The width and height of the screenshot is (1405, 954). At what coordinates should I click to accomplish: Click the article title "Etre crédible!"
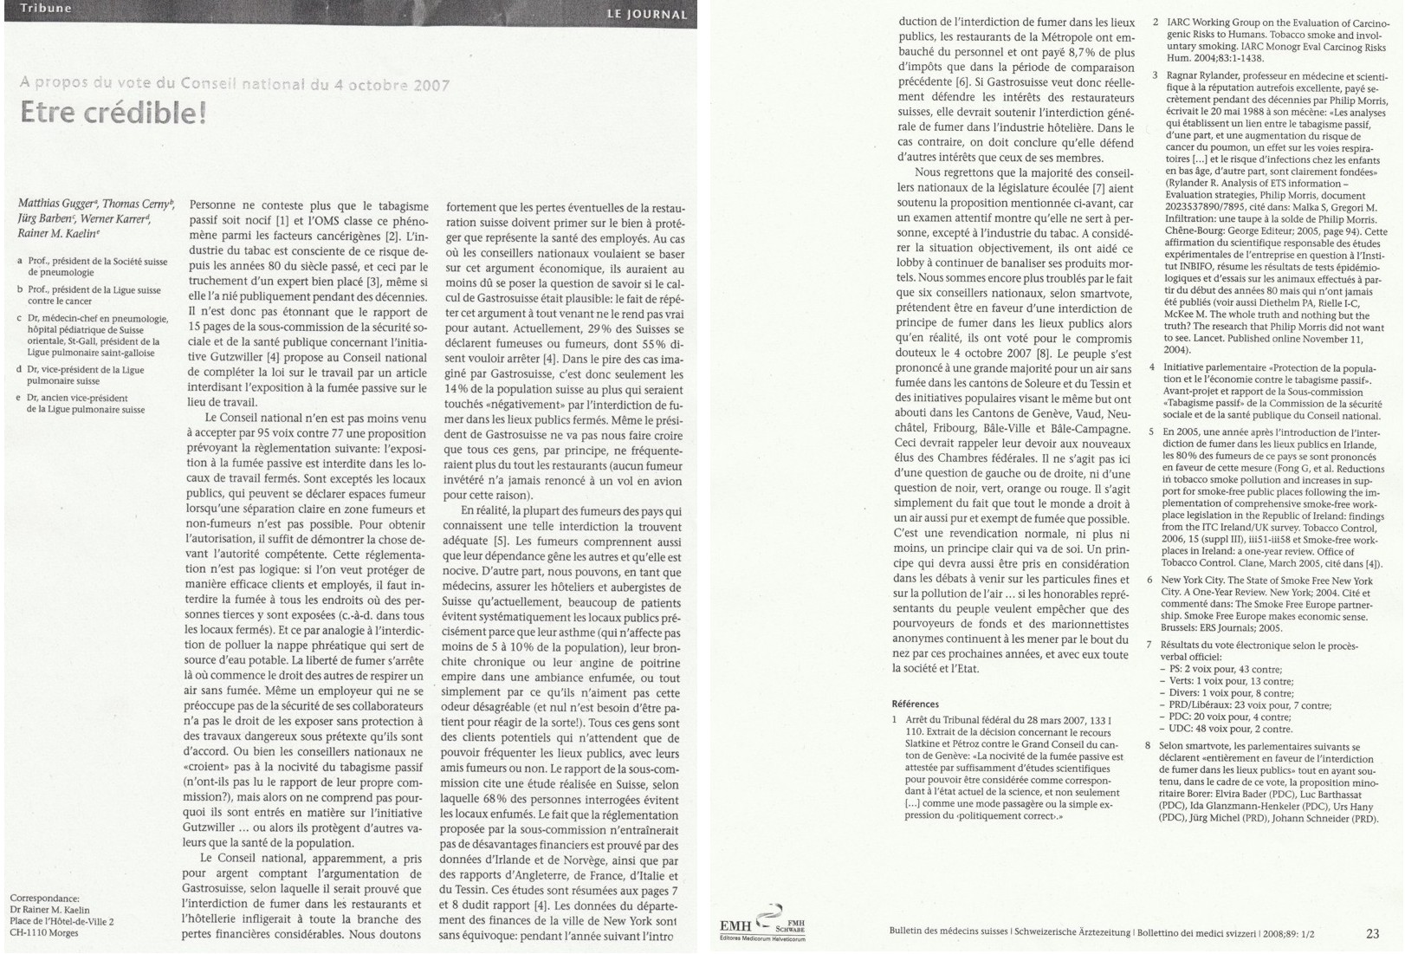113,114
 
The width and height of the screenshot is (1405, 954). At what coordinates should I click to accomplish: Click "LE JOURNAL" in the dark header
646,14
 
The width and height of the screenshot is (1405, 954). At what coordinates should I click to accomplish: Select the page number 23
1372,933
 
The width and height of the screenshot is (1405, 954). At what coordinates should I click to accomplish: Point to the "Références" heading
915,704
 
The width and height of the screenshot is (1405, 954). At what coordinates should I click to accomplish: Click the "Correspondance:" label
44,899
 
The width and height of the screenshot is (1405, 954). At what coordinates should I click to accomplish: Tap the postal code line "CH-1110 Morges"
44,933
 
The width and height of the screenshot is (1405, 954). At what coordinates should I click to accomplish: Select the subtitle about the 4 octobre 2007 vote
235,84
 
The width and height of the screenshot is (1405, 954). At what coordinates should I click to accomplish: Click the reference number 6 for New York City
1149,581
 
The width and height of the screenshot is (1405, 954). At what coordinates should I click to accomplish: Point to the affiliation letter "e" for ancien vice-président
19,398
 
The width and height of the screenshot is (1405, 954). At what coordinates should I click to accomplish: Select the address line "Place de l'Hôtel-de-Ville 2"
62,922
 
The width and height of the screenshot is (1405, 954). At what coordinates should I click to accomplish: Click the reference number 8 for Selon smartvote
1149,745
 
